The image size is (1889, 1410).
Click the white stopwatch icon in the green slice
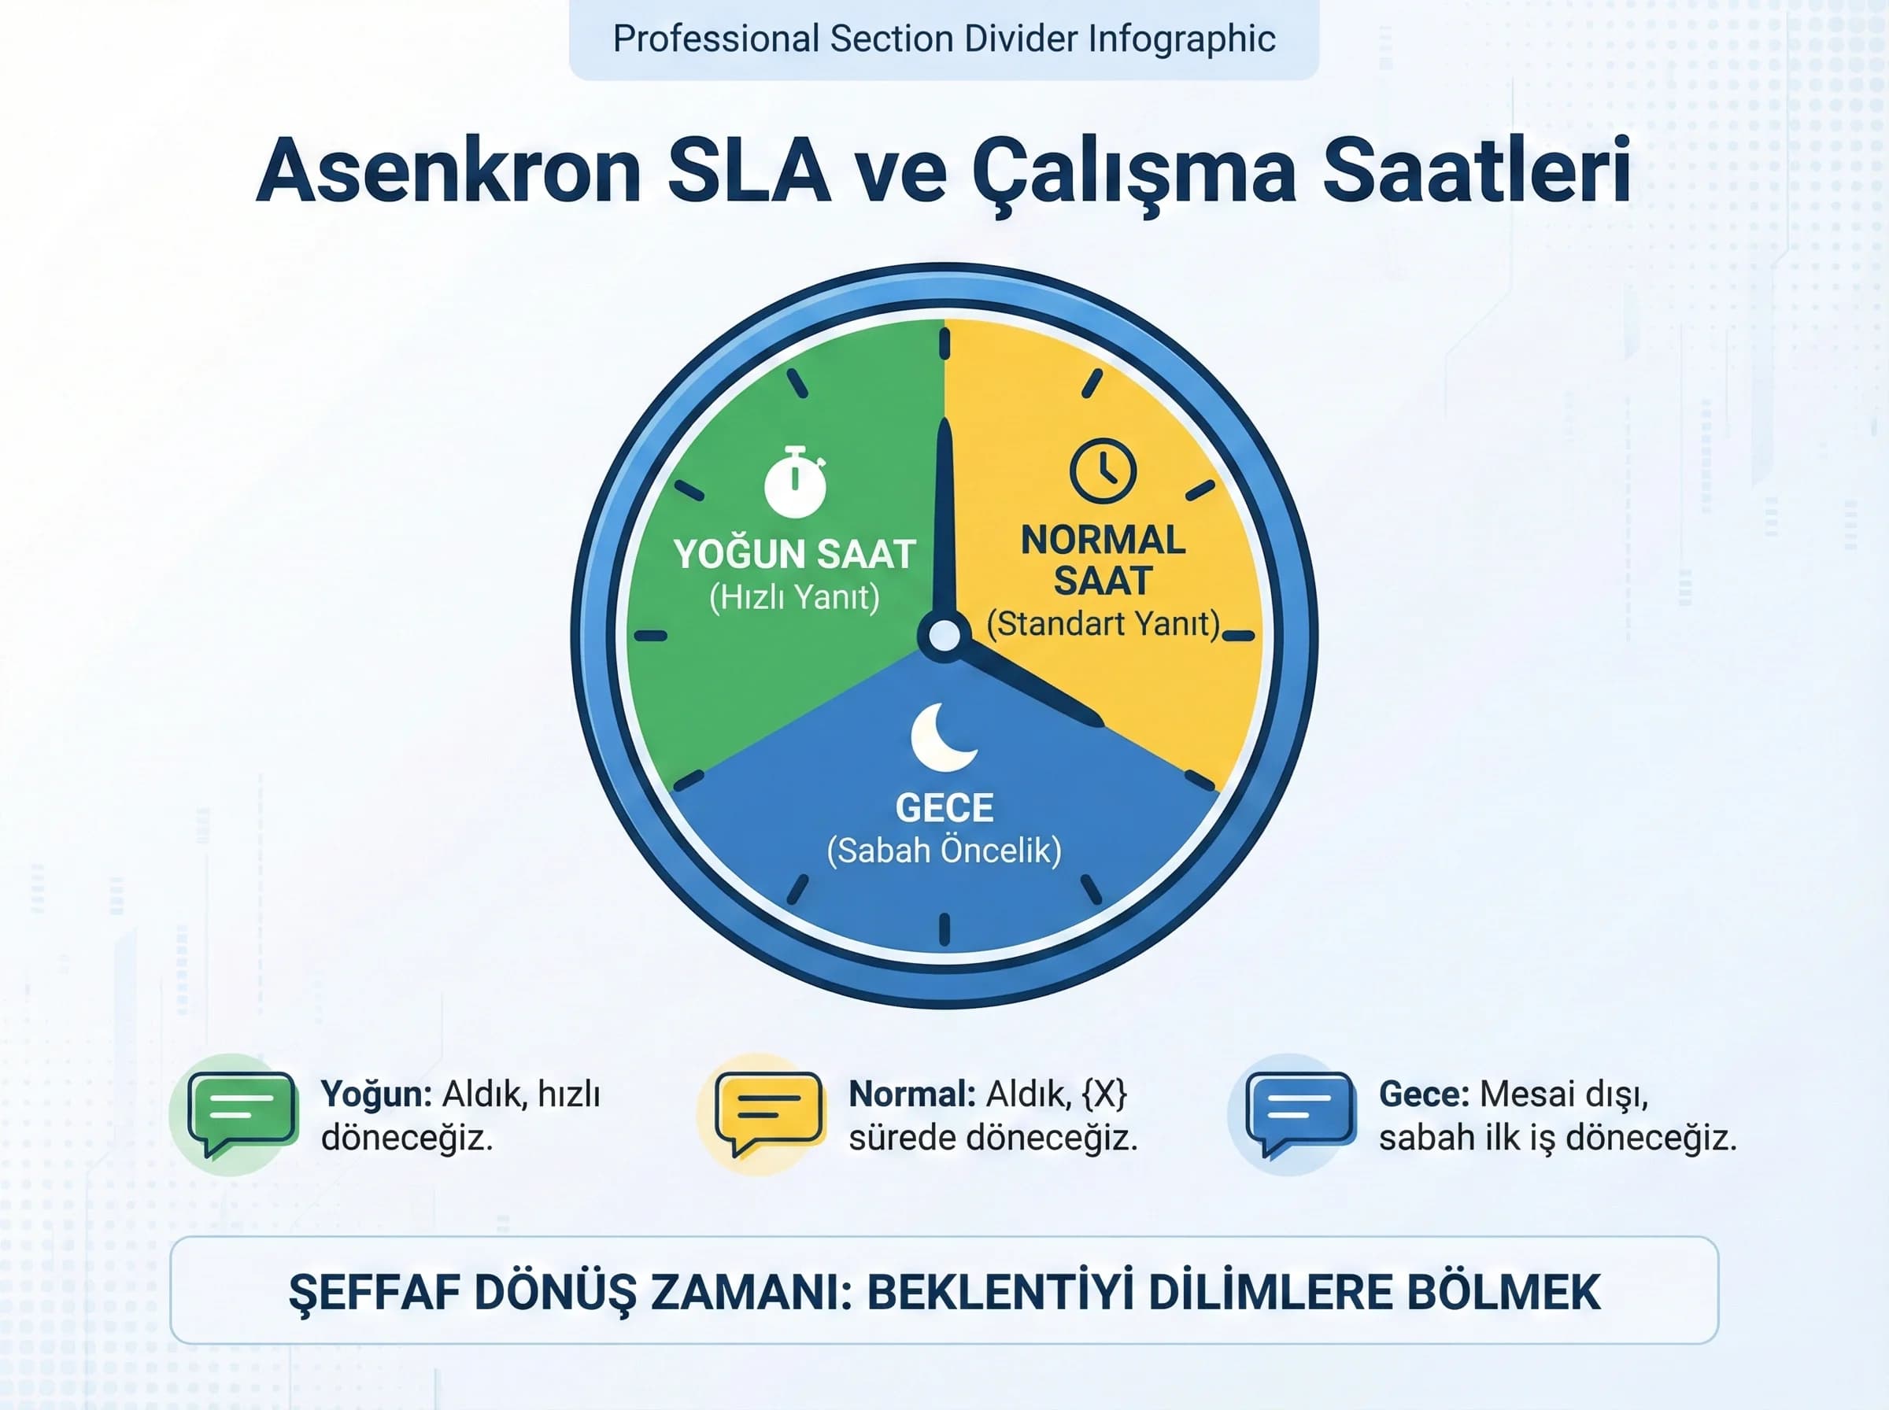point(795,482)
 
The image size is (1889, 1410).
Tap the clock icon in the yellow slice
point(1103,471)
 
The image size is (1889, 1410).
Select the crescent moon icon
point(942,736)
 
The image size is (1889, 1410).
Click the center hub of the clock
point(944,635)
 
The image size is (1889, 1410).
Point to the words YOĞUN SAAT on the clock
point(795,555)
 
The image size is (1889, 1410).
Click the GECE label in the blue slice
point(944,808)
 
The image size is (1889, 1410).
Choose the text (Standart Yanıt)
point(1103,624)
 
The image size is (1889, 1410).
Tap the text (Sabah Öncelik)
point(944,851)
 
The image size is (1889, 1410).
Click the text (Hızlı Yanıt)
point(795,597)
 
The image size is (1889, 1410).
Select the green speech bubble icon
point(242,1112)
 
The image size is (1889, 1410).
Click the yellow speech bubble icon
point(769,1112)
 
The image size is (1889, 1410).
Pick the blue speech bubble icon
point(1300,1112)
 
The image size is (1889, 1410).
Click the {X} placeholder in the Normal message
point(1104,1094)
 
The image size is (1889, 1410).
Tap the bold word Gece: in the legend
point(1424,1094)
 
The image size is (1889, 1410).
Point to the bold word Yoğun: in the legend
point(376,1094)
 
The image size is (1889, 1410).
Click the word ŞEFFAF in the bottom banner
point(373,1292)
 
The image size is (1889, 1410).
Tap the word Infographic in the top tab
point(1181,39)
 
